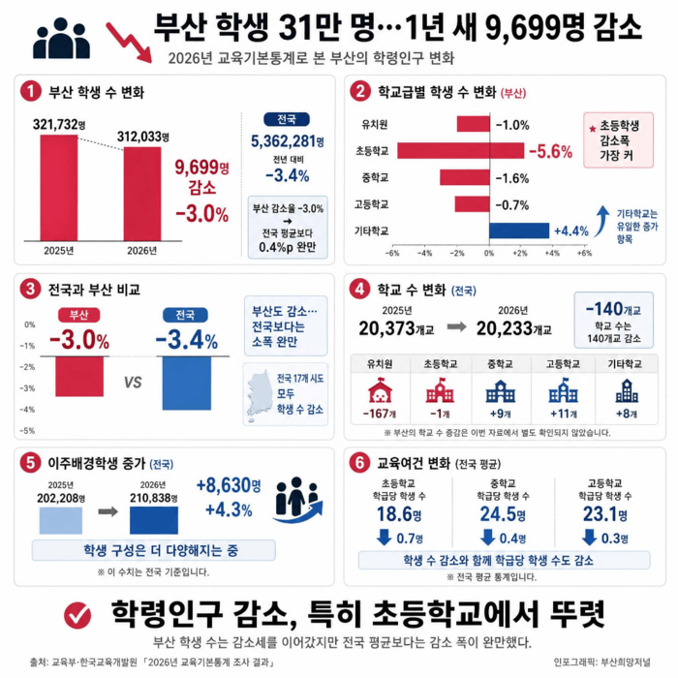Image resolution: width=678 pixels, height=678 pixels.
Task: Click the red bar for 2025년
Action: pos(59,188)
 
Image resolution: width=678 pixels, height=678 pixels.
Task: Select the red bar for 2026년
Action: pos(142,194)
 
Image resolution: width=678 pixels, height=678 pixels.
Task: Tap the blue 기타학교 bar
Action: pos(519,231)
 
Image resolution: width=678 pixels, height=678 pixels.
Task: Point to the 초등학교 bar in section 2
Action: pos(460,150)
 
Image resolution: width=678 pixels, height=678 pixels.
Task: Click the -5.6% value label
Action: pos(550,151)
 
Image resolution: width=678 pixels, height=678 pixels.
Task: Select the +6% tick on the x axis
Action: pos(584,254)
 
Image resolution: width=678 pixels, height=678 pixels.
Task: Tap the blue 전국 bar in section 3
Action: pos(187,384)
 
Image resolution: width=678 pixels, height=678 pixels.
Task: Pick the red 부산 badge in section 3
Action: pos(79,315)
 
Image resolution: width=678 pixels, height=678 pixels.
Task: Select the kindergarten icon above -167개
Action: pos(380,390)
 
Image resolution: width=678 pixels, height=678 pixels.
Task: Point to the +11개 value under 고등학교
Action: pos(564,414)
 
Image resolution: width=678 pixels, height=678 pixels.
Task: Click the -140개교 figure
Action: pos(613,309)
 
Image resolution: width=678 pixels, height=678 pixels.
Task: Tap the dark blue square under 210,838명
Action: pos(154,520)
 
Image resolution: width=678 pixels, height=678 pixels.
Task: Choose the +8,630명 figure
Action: pos(229,485)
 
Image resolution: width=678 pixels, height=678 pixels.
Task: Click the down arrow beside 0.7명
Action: pos(384,537)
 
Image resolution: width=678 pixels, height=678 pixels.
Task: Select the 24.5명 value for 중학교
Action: pos(503,514)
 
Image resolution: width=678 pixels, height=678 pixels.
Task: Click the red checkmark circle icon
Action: pos(77,615)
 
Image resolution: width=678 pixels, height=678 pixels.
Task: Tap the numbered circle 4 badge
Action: pos(359,290)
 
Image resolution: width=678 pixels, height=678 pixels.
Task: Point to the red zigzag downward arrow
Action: pos(129,43)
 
